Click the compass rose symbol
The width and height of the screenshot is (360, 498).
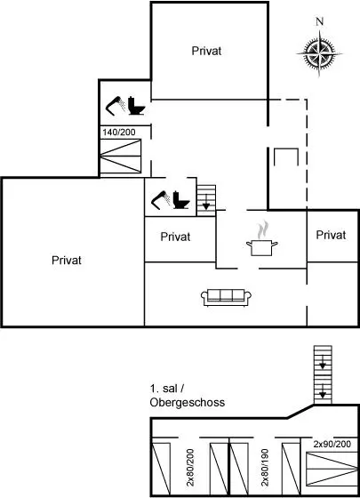point(319,53)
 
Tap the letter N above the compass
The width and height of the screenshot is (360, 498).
point(320,21)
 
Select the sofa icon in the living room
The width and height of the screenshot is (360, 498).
point(226,298)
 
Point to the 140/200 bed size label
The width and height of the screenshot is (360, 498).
point(119,133)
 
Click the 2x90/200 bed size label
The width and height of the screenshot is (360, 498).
point(332,444)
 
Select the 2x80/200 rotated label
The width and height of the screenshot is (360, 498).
point(190,467)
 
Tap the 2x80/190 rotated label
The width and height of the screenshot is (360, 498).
point(265,467)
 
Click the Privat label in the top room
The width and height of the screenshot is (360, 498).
point(206,51)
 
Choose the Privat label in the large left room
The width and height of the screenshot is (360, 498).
point(67,261)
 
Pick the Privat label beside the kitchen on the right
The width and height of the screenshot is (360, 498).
point(331,235)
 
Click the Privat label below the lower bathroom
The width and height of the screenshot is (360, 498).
point(175,237)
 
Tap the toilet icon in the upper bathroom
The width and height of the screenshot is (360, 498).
point(137,106)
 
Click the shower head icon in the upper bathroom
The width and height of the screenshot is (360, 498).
point(116,105)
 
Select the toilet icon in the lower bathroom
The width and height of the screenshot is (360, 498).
point(181,200)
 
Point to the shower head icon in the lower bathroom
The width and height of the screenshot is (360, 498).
point(161,200)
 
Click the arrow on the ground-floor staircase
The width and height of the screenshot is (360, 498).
point(206,202)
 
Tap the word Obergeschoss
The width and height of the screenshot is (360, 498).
point(188,402)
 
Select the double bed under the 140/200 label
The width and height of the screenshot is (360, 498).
point(121,157)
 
